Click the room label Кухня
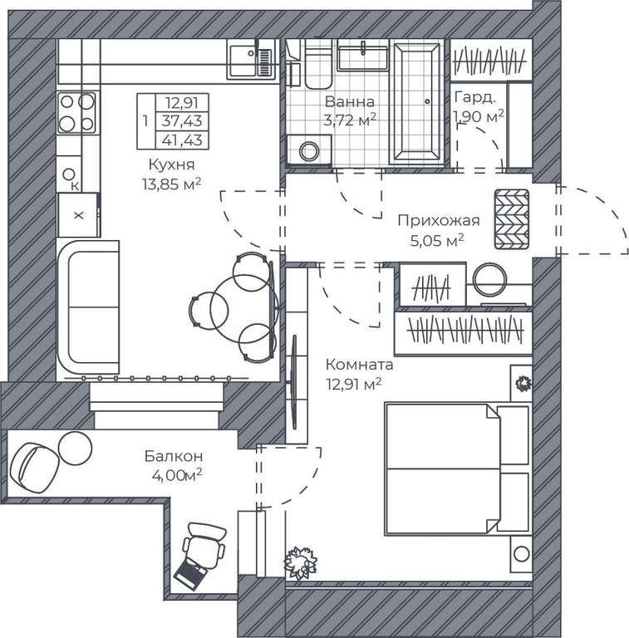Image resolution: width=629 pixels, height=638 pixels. tap(171, 164)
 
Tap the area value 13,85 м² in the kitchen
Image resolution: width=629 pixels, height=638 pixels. tap(171, 184)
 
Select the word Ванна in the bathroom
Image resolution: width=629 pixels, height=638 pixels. tap(350, 101)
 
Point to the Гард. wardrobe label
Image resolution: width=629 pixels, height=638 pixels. tap(474, 97)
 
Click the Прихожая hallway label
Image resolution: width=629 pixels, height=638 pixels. tap(439, 220)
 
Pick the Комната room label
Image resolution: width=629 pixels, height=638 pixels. tap(359, 365)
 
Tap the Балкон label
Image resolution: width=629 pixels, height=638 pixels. tap(174, 456)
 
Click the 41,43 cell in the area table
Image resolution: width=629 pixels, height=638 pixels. tap(182, 140)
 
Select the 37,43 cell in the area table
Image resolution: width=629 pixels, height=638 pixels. tap(182, 121)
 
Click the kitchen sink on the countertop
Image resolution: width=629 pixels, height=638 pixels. tap(251, 61)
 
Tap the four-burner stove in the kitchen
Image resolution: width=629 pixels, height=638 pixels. tap(77, 113)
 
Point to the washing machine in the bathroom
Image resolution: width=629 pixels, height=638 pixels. tap(309, 150)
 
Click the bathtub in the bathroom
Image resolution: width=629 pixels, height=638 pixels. tap(416, 104)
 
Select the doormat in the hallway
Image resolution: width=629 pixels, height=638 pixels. tap(512, 219)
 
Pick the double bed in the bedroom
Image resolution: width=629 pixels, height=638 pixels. tap(458, 469)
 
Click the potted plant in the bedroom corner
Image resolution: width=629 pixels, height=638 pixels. tap(300, 562)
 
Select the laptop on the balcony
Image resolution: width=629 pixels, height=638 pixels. tap(190, 573)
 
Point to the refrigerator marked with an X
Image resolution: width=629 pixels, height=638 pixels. tap(79, 215)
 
